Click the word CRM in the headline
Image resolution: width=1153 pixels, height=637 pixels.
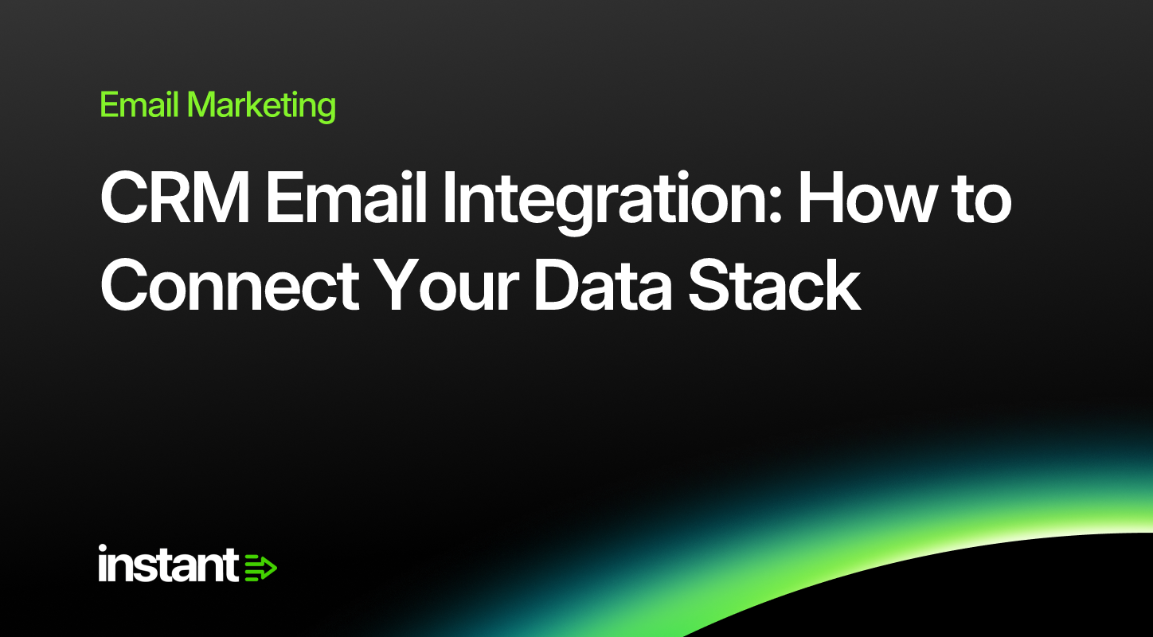tap(175, 198)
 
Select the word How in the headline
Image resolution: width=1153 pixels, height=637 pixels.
tap(866, 198)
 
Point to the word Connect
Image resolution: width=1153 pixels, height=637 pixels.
tap(229, 286)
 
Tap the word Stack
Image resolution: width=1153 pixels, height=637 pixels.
tap(775, 285)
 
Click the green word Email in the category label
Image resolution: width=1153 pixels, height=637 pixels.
tap(139, 104)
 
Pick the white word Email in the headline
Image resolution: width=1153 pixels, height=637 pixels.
tap(346, 198)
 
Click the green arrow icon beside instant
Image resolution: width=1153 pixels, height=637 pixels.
tap(260, 568)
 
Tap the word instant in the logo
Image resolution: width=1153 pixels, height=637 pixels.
tap(169, 564)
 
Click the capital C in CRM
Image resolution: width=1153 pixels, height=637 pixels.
tap(123, 198)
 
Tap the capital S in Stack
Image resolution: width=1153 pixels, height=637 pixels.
tap(709, 285)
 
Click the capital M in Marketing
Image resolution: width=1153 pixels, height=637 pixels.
tap(201, 104)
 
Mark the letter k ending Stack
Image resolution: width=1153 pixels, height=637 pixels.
tap(843, 285)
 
